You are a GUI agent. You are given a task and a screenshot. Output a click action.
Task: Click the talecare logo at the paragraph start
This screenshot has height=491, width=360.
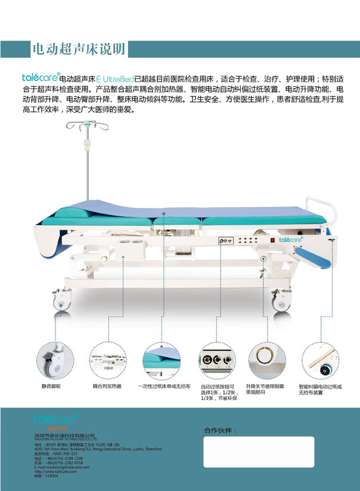pos(40,77)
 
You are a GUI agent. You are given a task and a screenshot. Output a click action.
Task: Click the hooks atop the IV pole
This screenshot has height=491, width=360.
pos(82,125)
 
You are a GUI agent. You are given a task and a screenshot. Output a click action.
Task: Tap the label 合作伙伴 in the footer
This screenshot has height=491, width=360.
pos(221,430)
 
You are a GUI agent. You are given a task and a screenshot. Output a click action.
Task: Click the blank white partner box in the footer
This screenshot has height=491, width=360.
pos(259,452)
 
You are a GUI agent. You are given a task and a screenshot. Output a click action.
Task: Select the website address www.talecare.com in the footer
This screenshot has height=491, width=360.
pos(55,471)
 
